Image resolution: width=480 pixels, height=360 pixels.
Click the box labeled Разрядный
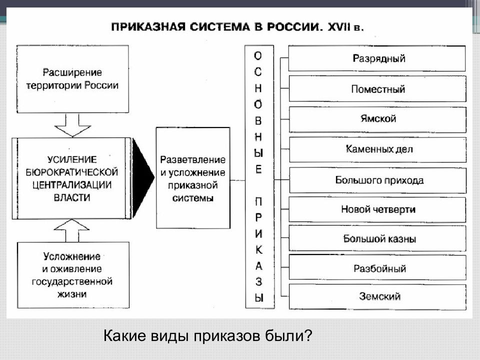pos(377,58)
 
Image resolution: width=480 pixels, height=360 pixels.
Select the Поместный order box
pos(377,89)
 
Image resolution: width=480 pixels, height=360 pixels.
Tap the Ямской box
pos(378,119)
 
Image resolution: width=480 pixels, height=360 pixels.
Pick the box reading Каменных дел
pos(378,149)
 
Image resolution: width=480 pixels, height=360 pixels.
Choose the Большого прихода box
pos(378,180)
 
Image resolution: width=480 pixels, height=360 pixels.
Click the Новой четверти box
pos(377,209)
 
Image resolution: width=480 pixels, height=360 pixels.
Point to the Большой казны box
pos(377,238)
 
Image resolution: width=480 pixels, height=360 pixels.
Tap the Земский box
pos(377,296)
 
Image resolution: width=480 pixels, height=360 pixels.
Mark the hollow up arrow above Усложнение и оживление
pos(71,230)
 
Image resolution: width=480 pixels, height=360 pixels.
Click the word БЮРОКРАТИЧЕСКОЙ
pos(71,172)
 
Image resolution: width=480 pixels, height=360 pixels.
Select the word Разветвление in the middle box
pos(192,159)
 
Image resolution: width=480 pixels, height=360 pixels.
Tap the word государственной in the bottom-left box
pos(72,281)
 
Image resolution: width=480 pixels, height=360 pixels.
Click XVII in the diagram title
pos(338,26)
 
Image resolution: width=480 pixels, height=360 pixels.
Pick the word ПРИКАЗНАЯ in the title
pos(148,26)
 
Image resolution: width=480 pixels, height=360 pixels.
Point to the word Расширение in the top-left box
pos(72,72)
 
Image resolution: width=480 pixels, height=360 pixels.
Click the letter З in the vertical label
pos(258,281)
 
